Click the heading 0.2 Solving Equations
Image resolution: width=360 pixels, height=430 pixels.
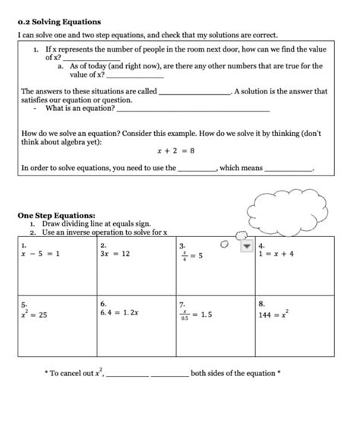(x=59, y=22)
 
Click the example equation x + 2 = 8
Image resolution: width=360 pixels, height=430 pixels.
(x=175, y=150)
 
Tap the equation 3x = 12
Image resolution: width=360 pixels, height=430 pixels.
(x=115, y=254)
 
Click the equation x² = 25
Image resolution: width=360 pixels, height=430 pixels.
(x=34, y=314)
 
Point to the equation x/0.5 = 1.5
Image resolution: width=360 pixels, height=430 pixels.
(x=196, y=315)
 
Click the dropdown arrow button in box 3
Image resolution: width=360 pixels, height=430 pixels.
(x=245, y=246)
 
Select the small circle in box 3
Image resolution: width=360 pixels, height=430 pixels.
(x=223, y=245)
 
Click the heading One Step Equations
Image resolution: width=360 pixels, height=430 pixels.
(x=56, y=215)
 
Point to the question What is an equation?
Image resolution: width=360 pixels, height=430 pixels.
(x=80, y=109)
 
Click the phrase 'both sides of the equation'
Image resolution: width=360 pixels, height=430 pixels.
(x=235, y=373)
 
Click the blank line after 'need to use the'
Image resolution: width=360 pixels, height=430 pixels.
(x=197, y=169)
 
